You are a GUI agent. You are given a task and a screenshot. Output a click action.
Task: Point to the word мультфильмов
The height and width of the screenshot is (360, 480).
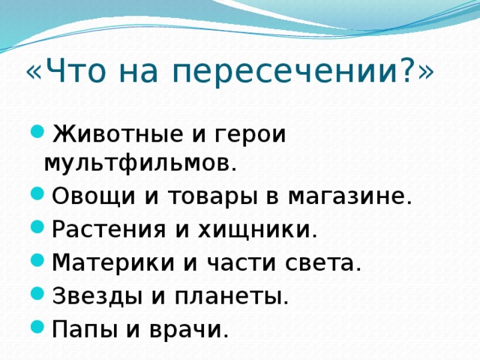(x=140, y=162)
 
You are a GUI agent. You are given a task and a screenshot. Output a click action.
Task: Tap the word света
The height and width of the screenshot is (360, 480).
(x=322, y=262)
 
